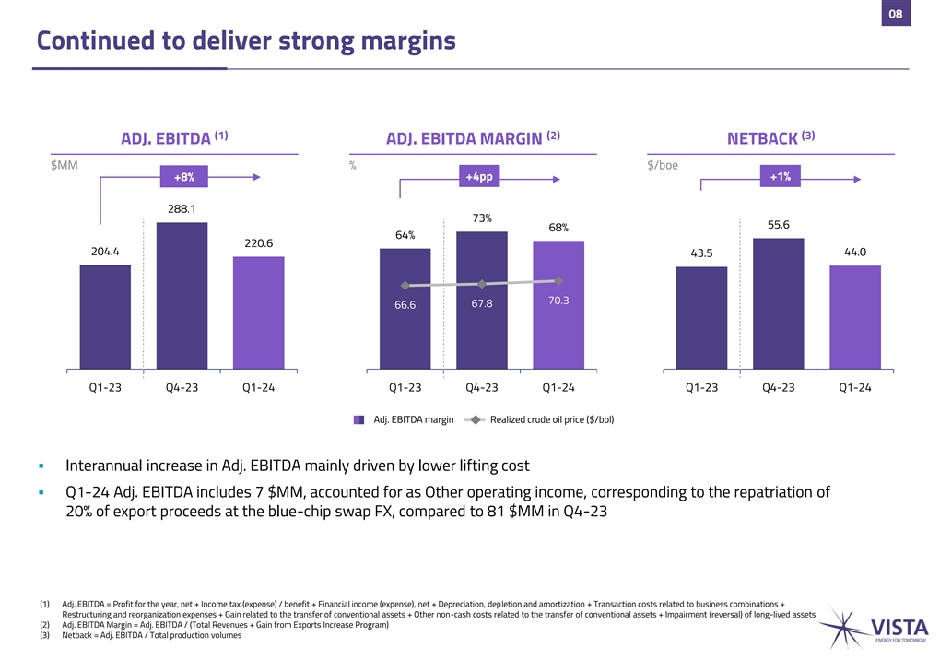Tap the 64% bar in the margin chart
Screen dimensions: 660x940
(405, 308)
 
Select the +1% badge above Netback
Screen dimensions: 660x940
(779, 177)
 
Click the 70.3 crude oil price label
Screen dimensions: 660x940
(558, 301)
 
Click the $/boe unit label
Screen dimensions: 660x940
(664, 165)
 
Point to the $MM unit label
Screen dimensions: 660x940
(65, 165)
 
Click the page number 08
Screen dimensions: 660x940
(895, 14)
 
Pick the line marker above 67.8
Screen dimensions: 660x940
(482, 283)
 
